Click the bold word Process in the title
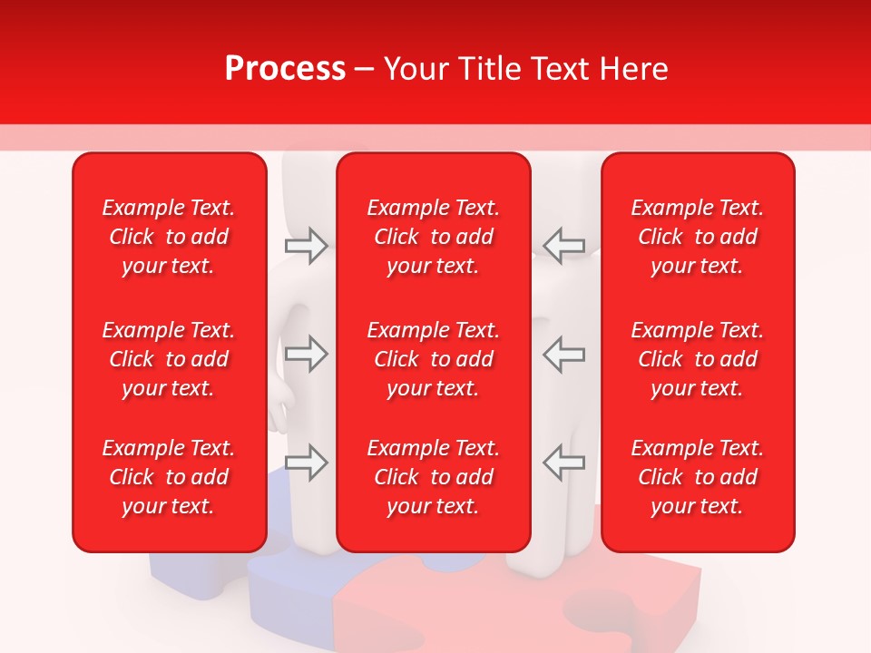tap(285, 69)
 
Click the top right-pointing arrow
tap(306, 246)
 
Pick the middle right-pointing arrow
tap(306, 354)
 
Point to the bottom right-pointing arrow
tap(306, 463)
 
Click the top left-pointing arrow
tap(563, 246)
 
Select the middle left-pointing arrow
tap(563, 354)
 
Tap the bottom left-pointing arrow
tap(563, 463)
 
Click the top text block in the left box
tap(169, 237)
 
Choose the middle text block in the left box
tap(169, 359)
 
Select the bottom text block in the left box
tap(169, 477)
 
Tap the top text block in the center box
tap(433, 237)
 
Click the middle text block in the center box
tap(433, 359)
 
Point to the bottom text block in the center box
tap(433, 477)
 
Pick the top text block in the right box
tap(697, 237)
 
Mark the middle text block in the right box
tap(697, 359)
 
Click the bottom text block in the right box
tap(697, 477)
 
